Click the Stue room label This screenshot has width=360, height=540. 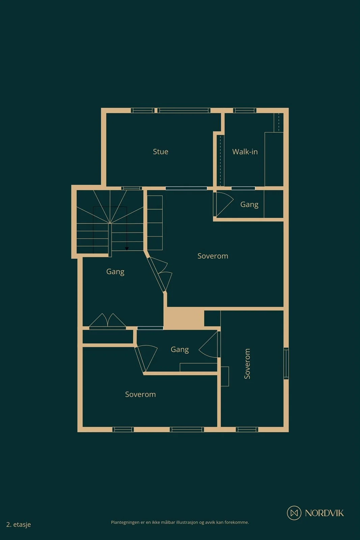tap(161, 152)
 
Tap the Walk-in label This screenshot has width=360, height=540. tap(245, 152)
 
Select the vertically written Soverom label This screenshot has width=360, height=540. tap(247, 363)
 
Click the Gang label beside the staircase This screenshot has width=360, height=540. tap(115, 272)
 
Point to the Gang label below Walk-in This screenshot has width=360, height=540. tap(249, 205)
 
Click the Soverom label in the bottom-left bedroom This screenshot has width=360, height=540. tap(140, 395)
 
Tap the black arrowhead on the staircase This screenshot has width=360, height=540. tap(127, 248)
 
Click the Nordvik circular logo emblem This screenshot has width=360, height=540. tap(294, 513)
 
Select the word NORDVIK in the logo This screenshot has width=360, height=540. tap(324, 513)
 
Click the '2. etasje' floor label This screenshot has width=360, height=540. tap(19, 524)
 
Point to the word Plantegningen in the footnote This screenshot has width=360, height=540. tap(125, 522)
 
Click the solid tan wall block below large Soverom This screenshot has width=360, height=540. tap(184, 318)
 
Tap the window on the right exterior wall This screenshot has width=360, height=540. tap(286, 363)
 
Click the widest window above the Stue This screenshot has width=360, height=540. tap(184, 110)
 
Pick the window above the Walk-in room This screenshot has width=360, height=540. tap(245, 110)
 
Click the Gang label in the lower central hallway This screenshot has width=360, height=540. tap(179, 350)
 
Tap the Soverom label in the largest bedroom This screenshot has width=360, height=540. tap(213, 256)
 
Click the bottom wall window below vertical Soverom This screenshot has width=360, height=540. tap(247, 429)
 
